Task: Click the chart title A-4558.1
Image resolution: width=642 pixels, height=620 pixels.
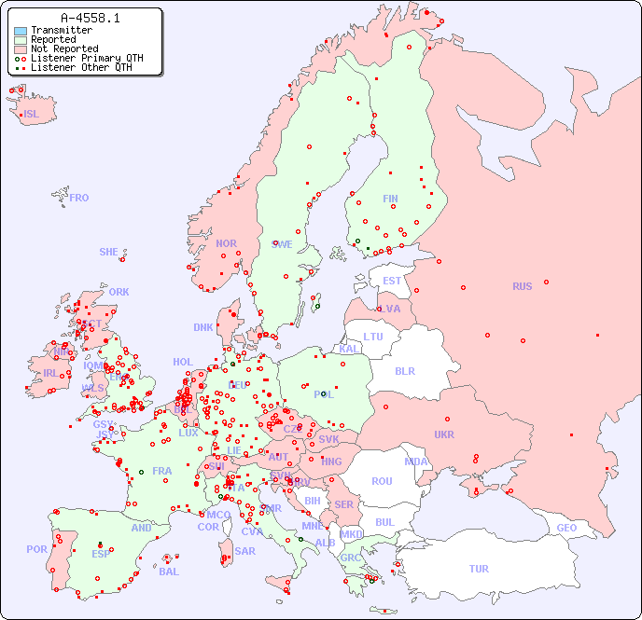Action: click(x=90, y=18)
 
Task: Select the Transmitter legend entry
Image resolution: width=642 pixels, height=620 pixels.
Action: click(x=61, y=30)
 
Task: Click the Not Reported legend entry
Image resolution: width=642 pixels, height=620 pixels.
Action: click(x=63, y=48)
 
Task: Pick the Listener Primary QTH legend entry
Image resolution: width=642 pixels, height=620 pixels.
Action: click(x=87, y=58)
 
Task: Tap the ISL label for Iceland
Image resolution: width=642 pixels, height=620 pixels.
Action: click(x=32, y=115)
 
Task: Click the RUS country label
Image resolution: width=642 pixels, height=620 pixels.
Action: click(x=522, y=286)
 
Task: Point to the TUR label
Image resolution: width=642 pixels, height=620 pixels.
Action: click(x=479, y=569)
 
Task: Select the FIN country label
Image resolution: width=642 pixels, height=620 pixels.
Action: click(x=390, y=199)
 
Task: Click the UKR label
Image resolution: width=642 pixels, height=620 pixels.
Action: click(x=444, y=434)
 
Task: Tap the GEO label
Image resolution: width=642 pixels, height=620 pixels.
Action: click(x=566, y=528)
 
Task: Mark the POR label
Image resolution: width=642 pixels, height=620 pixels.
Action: click(x=36, y=549)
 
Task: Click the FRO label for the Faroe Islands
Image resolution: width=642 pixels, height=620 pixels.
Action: click(x=79, y=198)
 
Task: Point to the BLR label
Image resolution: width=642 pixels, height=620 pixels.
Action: click(x=404, y=370)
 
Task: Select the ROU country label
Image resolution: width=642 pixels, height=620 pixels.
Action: click(x=382, y=481)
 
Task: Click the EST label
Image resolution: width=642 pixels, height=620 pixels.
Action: click(x=392, y=281)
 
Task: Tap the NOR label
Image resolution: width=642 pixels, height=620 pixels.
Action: click(x=226, y=243)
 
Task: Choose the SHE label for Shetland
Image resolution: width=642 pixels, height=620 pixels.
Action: click(x=109, y=252)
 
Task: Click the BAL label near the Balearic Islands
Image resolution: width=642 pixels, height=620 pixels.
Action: click(x=169, y=572)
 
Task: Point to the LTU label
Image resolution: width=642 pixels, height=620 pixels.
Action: click(x=373, y=337)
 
